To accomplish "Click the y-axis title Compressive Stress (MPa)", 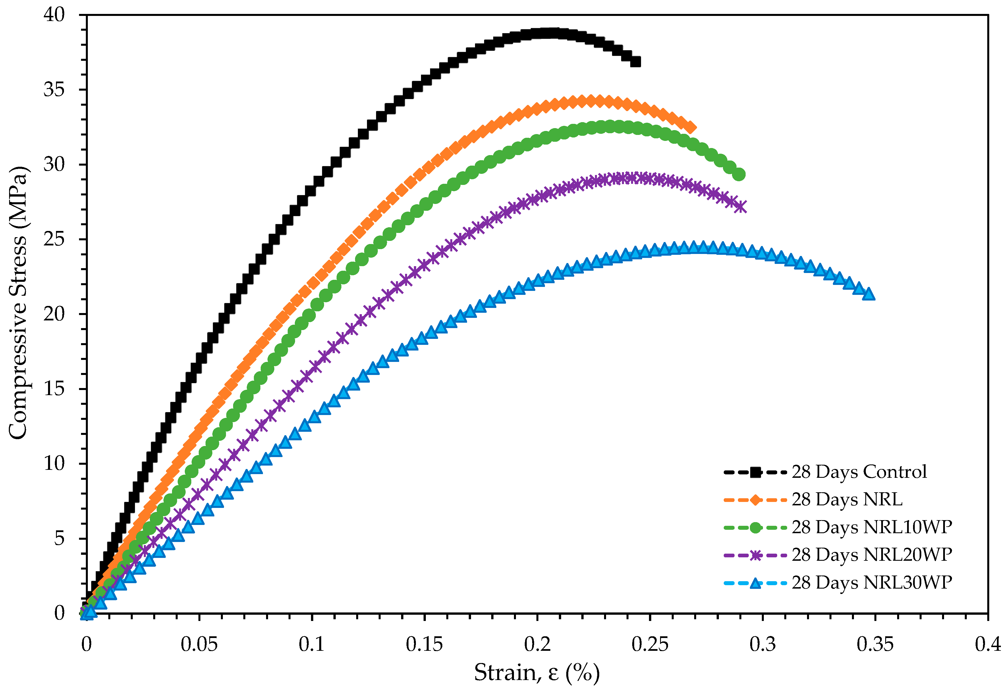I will [x=18, y=303].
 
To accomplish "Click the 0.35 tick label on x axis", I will [x=875, y=645].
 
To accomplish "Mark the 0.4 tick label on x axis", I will [x=988, y=645].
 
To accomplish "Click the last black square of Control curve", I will [x=635, y=62].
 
